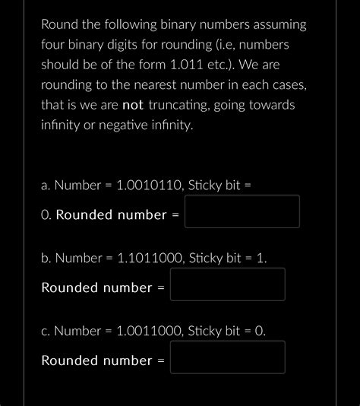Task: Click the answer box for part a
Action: coord(242,211)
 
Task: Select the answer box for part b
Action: coord(227,284)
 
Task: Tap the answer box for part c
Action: coord(227,357)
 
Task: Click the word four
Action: coord(54,45)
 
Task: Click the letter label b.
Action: coord(45,258)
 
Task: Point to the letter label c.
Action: coord(45,331)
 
